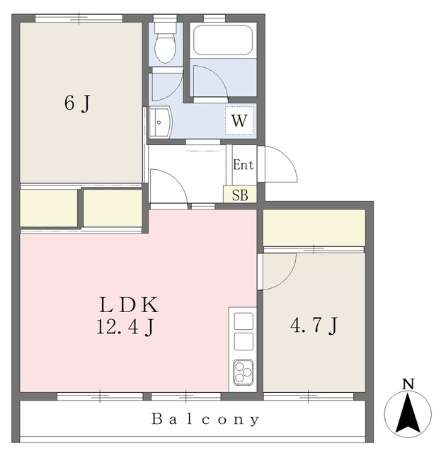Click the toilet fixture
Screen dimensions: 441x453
tap(166, 42)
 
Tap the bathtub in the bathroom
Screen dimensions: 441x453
tap(223, 40)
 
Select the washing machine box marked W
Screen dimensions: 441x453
tap(239, 120)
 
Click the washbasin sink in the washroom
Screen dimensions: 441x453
tap(161, 122)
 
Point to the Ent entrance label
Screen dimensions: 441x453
tap(244, 165)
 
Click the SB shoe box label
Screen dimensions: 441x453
tap(240, 195)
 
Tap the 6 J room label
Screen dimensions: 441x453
tap(77, 103)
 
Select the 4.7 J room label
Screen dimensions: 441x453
tap(314, 326)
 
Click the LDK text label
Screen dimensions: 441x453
tap(129, 305)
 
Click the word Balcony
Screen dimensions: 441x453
tap(205, 419)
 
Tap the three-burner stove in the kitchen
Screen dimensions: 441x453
tap(244, 372)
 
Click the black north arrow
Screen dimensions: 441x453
tap(408, 413)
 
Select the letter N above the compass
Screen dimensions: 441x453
tap(408, 384)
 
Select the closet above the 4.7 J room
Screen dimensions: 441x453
tap(314, 228)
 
